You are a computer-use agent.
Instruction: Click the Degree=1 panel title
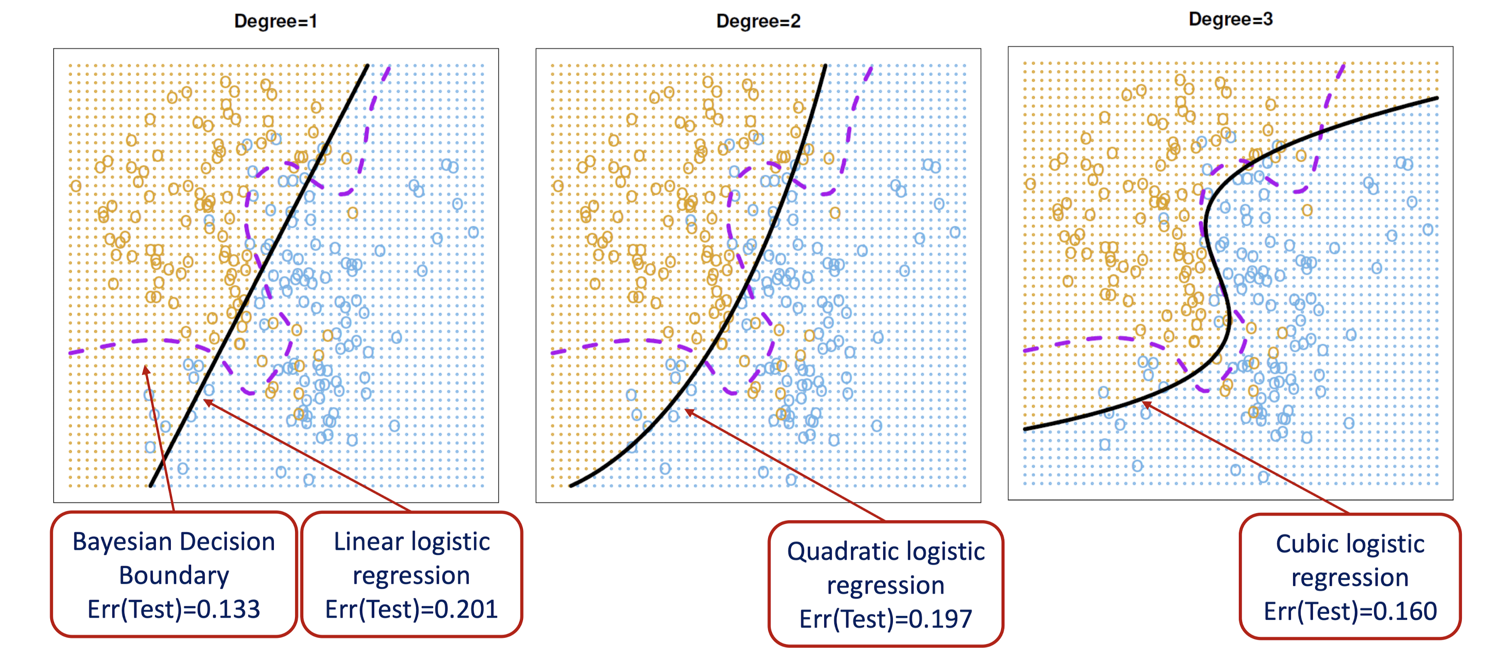click(x=275, y=22)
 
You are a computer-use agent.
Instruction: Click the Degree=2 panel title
click(x=758, y=22)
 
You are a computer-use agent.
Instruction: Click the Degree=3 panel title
click(x=1230, y=19)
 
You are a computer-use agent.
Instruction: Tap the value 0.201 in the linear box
click(x=465, y=609)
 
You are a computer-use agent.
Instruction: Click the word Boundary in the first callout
click(x=174, y=576)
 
